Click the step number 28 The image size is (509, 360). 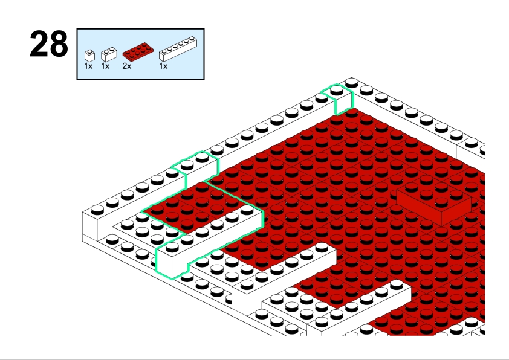coord(49,44)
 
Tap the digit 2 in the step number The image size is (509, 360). coord(39,44)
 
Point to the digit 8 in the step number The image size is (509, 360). coord(59,44)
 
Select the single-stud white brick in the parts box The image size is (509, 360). coord(89,56)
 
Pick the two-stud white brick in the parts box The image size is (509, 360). coord(109,54)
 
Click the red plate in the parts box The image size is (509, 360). coord(138,52)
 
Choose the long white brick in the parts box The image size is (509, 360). coord(178,49)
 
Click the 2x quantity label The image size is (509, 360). coord(127,66)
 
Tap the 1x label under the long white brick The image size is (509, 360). coord(163,66)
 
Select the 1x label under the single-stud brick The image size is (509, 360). coord(88,66)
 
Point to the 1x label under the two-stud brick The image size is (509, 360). coord(105,66)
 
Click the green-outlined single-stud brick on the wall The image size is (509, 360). coord(339,98)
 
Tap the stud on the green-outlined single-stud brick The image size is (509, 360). coord(337,89)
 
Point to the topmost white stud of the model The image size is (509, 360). coord(352,82)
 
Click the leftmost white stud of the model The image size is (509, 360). coord(97,210)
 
